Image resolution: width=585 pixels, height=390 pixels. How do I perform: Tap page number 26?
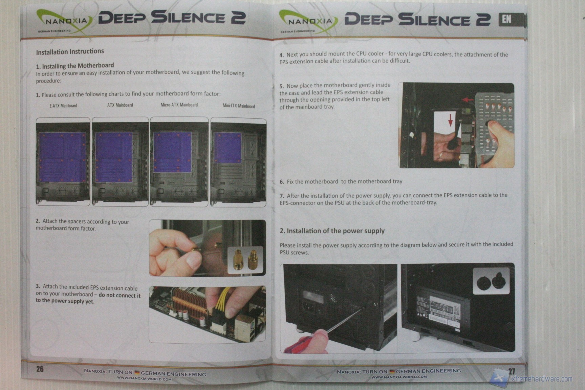(40, 369)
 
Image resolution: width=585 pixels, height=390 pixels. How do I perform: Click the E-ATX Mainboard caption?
(63, 106)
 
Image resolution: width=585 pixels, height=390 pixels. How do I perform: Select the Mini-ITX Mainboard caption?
(239, 106)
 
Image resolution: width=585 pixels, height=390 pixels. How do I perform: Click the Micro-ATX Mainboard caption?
(179, 105)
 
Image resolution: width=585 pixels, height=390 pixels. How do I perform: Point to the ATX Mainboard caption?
(120, 105)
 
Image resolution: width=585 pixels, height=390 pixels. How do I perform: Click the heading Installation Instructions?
(70, 52)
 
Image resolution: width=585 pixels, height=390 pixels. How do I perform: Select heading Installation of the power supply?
(332, 231)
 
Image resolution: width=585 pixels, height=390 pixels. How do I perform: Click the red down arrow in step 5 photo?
(450, 120)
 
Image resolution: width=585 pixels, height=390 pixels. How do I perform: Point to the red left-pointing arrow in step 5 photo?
(468, 100)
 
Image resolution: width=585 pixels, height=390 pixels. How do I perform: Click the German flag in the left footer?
(137, 372)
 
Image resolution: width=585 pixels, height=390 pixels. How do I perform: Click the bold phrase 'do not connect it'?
(120, 295)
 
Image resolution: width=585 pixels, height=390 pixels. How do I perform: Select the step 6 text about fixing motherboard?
(341, 181)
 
